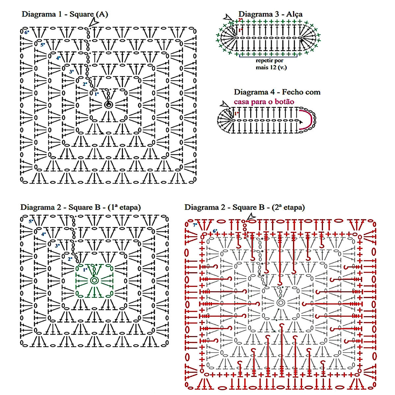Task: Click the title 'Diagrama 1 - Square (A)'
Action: [x=65, y=14]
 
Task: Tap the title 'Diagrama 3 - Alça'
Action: [x=270, y=14]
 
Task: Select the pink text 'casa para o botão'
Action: [x=264, y=102]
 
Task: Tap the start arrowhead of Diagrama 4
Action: [x=225, y=104]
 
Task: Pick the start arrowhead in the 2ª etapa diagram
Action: [x=251, y=216]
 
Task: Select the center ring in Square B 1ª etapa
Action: [x=94, y=280]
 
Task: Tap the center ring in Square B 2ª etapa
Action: [x=280, y=303]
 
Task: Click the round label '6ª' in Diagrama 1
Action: [x=27, y=32]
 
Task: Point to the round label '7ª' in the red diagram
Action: [x=195, y=225]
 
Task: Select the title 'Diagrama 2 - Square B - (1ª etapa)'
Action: [x=80, y=207]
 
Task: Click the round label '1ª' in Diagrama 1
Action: [x=96, y=94]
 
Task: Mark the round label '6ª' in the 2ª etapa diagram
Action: [x=215, y=231]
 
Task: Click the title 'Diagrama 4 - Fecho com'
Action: [x=277, y=92]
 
